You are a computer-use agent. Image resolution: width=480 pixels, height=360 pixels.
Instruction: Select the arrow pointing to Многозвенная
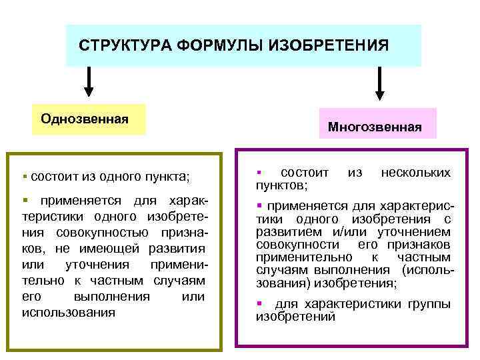pyautogui.click(x=379, y=83)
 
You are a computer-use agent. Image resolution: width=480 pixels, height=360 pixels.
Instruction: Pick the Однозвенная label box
pyautogui.click(x=89, y=119)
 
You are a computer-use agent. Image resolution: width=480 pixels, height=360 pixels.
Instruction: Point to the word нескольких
pyautogui.click(x=415, y=172)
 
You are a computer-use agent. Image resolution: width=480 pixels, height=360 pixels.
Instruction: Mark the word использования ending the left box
pyautogui.click(x=69, y=312)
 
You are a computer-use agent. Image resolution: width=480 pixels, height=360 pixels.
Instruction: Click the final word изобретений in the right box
pyautogui.click(x=295, y=317)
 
